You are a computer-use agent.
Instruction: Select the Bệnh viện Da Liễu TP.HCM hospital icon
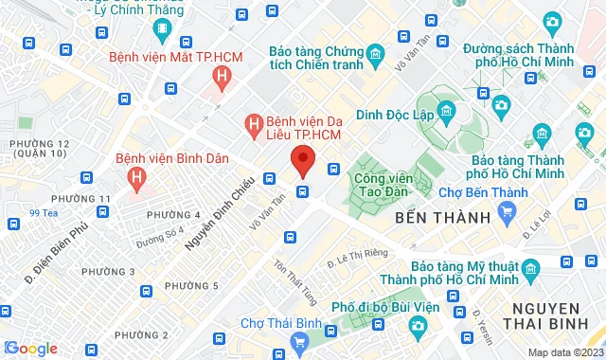253,123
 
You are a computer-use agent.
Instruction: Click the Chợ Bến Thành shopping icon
507,210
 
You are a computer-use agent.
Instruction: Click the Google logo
30,349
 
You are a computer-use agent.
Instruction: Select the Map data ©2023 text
564,352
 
